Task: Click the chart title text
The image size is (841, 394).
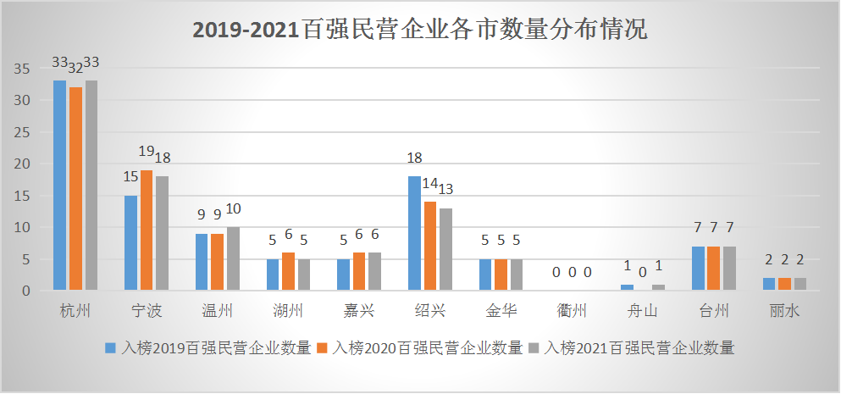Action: tap(420, 31)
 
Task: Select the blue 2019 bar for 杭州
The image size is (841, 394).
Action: tap(59, 186)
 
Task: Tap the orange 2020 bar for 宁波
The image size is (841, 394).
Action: tap(147, 230)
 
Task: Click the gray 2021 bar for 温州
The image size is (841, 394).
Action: tap(233, 259)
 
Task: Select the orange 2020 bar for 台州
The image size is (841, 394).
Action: tap(714, 269)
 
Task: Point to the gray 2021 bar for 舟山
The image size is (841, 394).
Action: tap(659, 288)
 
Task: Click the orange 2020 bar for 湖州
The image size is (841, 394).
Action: tap(288, 272)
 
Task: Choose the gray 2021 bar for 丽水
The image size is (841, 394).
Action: tap(800, 285)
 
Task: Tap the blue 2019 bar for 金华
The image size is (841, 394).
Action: tap(485, 275)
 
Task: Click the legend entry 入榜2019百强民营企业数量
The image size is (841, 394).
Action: tap(208, 347)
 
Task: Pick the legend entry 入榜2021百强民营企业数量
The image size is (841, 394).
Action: tap(632, 347)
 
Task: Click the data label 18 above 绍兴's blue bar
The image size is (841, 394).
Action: tap(414, 158)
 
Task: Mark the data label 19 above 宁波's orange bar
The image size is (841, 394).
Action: tap(146, 152)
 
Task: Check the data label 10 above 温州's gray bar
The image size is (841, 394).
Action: tap(233, 208)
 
